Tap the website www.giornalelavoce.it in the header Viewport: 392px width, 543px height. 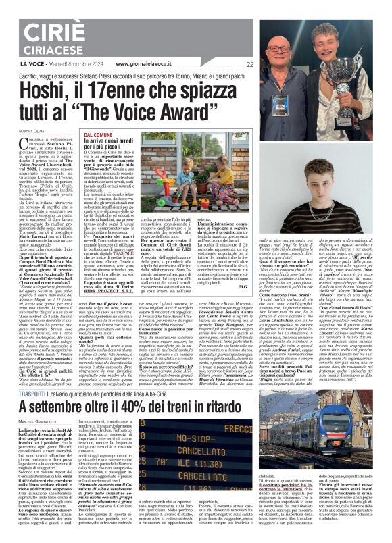tap(155, 65)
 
